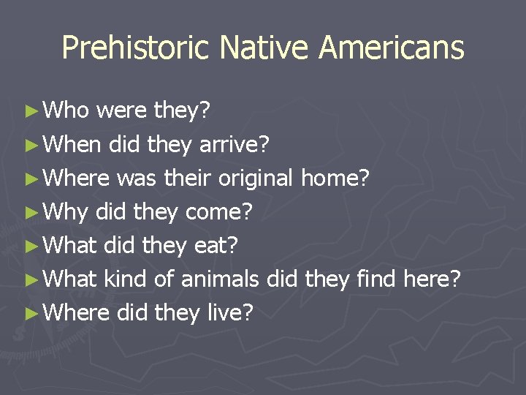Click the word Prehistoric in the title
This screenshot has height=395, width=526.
[137, 48]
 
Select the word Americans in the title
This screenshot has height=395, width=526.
[392, 48]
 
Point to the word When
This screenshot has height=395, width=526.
[72, 144]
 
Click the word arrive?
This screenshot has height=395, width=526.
[235, 145]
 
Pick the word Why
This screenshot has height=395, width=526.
[65, 212]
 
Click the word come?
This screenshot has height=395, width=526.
[219, 212]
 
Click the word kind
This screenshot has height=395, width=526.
[126, 279]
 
